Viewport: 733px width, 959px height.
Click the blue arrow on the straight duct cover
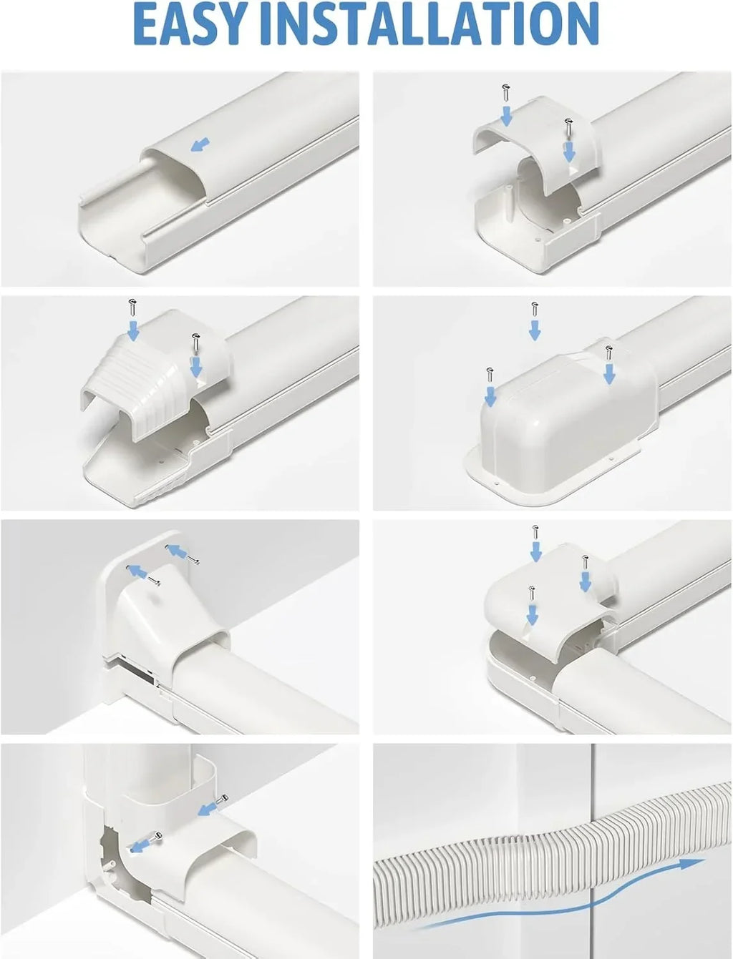(x=200, y=144)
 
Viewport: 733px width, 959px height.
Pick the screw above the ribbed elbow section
(x=132, y=307)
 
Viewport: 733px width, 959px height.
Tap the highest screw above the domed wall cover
(x=534, y=310)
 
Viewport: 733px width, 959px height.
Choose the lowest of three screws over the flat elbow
(x=532, y=594)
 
